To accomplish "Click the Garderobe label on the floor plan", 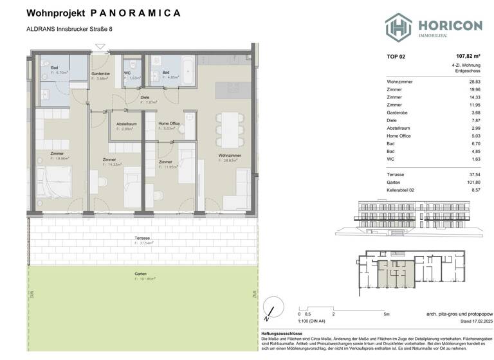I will (x=101, y=74).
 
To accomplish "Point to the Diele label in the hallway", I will (x=145, y=96).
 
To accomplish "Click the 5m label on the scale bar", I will (x=385, y=314).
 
